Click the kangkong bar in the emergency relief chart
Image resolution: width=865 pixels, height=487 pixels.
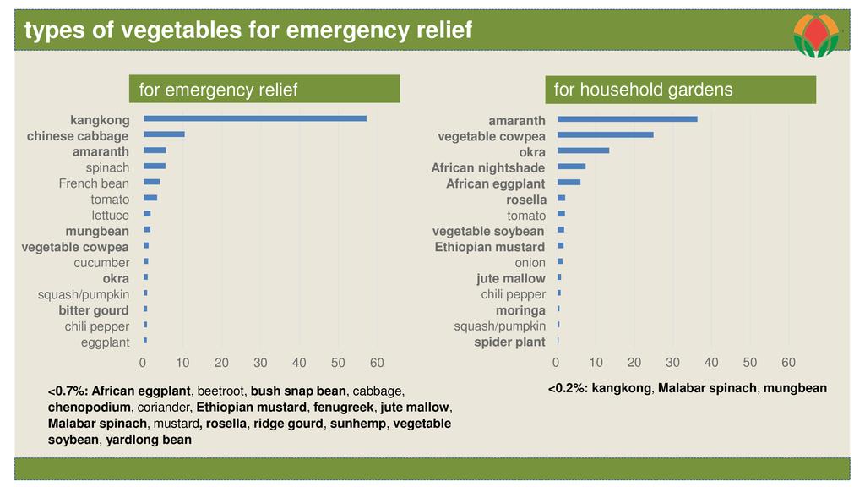click(x=254, y=118)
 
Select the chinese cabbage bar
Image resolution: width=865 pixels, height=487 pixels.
click(x=164, y=134)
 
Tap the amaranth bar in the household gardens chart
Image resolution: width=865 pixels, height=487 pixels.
click(x=627, y=119)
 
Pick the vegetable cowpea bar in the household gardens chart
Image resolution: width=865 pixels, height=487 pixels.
click(x=605, y=134)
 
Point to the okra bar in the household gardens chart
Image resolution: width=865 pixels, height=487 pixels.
click(x=583, y=150)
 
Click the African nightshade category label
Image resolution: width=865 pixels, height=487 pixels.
click(x=487, y=167)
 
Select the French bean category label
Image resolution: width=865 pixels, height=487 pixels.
click(x=94, y=183)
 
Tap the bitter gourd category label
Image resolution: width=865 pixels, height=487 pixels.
click(x=94, y=310)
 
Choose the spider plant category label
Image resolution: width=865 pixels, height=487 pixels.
click(x=509, y=342)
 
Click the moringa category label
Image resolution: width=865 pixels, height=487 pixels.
click(x=520, y=310)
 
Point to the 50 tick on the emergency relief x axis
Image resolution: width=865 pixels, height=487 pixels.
click(x=338, y=363)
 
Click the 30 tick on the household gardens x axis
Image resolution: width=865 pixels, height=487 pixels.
click(x=672, y=363)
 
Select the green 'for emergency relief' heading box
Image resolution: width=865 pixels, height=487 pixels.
click(x=264, y=90)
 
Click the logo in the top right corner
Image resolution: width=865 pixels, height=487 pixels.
click(x=816, y=35)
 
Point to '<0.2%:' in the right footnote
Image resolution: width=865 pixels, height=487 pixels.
click(x=568, y=388)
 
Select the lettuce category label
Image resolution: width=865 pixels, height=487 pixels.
click(x=111, y=215)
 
